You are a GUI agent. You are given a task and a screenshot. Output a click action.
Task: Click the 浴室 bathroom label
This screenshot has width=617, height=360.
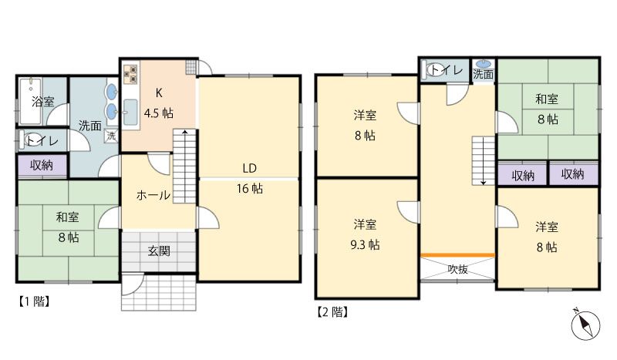click(42, 102)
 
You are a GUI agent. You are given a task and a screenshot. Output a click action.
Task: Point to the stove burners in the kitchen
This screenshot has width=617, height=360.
click(129, 74)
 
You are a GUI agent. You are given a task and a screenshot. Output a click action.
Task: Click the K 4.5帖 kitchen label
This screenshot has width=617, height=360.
click(159, 103)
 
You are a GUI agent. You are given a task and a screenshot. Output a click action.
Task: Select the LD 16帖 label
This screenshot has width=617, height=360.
click(248, 177)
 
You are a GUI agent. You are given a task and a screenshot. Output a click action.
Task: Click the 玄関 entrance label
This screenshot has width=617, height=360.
click(159, 251)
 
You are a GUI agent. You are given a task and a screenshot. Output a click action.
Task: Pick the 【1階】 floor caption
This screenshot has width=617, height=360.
click(34, 301)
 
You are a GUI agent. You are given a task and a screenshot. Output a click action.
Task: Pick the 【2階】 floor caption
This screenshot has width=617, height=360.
click(332, 312)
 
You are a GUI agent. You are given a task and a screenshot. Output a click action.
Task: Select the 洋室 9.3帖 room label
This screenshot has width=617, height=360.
click(366, 234)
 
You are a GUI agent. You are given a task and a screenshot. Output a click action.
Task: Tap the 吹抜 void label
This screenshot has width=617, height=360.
click(457, 269)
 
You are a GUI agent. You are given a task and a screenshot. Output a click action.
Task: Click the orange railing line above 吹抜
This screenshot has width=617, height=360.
click(457, 254)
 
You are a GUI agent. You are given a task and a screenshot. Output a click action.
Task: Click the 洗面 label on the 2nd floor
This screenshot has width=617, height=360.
click(484, 75)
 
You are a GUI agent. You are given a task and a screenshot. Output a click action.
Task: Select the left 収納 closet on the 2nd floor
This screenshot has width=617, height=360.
click(522, 175)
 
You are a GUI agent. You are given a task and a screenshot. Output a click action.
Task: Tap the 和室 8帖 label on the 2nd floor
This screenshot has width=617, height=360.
click(548, 109)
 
